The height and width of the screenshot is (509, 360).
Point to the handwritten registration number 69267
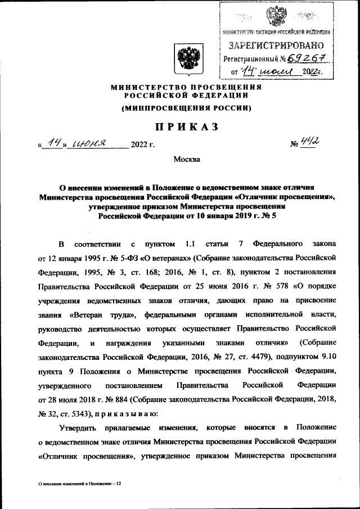point(307,58)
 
